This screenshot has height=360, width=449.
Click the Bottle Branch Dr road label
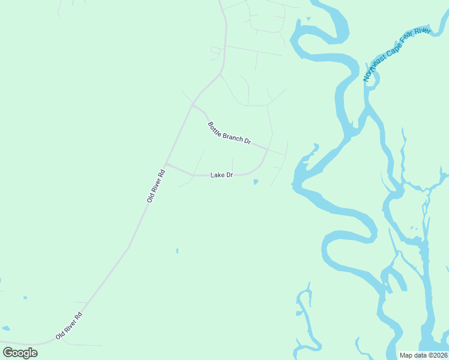[229, 133]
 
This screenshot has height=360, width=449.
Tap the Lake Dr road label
[221, 175]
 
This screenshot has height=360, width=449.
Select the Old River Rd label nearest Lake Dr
[155, 185]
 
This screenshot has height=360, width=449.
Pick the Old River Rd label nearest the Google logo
[68, 326]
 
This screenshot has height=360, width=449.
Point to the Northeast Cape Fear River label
[397, 54]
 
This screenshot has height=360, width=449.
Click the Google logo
[20, 353]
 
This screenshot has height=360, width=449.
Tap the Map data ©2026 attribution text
[424, 355]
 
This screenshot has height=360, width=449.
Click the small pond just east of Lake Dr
[256, 181]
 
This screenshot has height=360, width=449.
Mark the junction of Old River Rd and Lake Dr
[166, 164]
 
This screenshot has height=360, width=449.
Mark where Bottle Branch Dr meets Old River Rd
[193, 105]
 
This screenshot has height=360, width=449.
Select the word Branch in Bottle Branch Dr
[231, 134]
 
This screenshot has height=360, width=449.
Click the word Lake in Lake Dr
[217, 175]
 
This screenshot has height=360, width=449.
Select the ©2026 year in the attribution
[437, 355]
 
